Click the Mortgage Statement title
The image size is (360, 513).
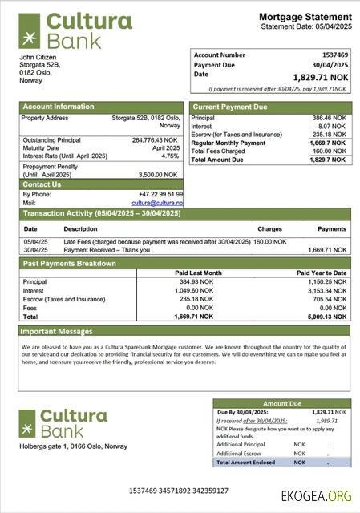coord(305,17)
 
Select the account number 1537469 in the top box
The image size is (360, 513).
coord(335,55)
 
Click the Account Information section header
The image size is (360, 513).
coord(58,107)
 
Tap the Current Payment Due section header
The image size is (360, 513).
coord(231,107)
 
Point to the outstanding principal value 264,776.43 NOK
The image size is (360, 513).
coord(156,140)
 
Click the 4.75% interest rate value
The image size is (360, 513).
coord(170,156)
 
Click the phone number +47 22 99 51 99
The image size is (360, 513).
coord(160,194)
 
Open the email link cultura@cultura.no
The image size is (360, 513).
coord(158,203)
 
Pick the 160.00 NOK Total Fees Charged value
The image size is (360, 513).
coord(329,151)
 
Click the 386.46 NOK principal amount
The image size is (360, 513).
coord(329,118)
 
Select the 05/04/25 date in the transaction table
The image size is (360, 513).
coord(35,240)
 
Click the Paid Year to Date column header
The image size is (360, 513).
coord(322,273)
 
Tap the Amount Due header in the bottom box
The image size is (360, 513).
coord(281,404)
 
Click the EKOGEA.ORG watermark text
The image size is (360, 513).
coord(317,496)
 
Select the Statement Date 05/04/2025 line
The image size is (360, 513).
coord(305,27)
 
